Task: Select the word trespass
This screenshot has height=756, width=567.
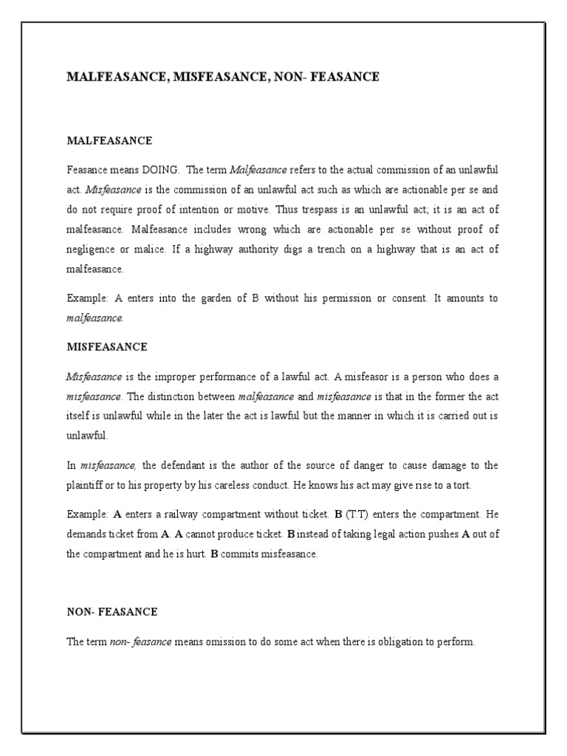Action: tap(310, 210)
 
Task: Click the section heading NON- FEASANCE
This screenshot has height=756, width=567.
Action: tap(112, 612)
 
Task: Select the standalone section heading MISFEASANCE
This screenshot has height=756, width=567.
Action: tap(107, 346)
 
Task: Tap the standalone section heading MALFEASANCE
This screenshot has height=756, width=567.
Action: tap(109, 140)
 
